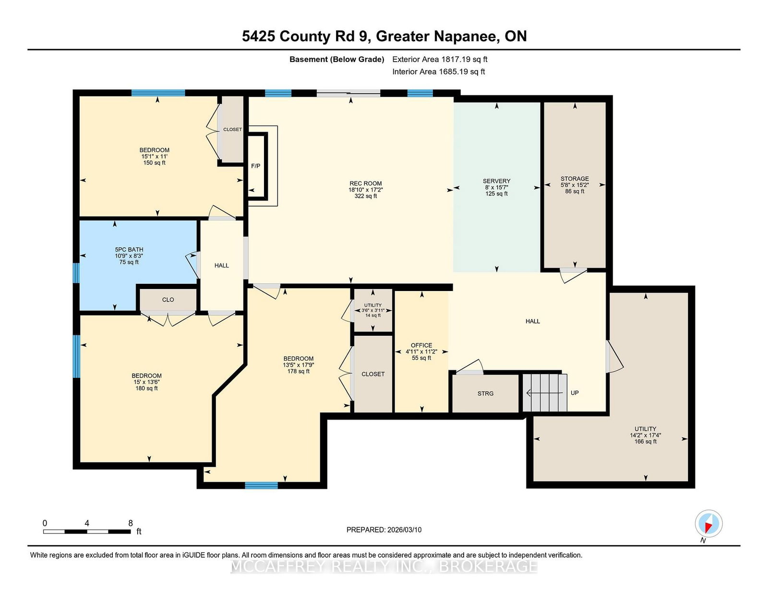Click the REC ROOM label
(x=365, y=183)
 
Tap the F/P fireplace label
(x=255, y=166)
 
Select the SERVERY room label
(x=496, y=181)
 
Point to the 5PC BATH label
(x=129, y=250)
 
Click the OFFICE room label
(x=421, y=345)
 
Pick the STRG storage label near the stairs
(x=485, y=394)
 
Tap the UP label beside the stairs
(x=575, y=393)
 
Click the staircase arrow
(x=544, y=393)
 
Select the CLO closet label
(x=168, y=300)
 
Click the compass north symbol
(x=708, y=523)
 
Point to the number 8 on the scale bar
(x=131, y=523)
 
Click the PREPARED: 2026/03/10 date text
(x=384, y=530)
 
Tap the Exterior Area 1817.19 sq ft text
(x=440, y=60)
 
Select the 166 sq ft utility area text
(x=646, y=442)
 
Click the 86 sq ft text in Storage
(x=575, y=191)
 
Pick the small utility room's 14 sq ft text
(x=373, y=315)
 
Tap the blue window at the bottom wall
(x=261, y=485)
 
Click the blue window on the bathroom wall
(x=76, y=273)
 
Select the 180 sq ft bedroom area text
(x=146, y=388)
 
